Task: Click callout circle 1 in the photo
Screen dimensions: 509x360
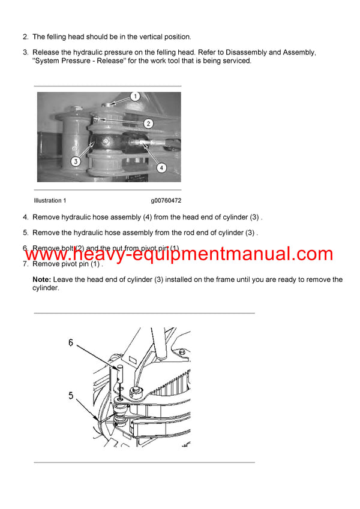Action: [135, 96]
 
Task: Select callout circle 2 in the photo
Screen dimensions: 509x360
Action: [148, 124]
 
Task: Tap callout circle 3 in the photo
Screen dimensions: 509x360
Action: [75, 161]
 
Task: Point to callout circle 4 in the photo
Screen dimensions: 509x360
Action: [161, 168]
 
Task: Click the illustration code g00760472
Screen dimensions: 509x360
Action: [166, 200]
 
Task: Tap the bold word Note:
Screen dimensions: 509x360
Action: [42, 279]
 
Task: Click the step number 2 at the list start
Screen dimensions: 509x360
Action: [25, 37]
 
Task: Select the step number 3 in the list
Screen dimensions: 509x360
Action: [25, 53]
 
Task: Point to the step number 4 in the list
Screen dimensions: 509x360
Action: [25, 217]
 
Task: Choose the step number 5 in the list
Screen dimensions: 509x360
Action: [25, 233]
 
